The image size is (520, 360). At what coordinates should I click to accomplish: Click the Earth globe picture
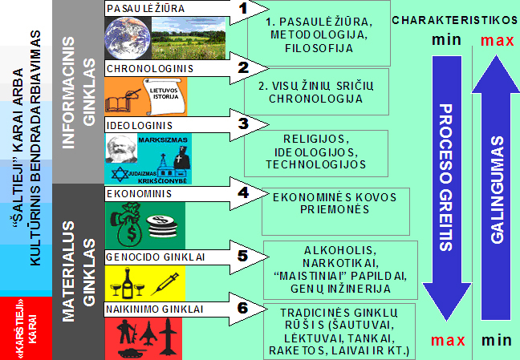click(128, 38)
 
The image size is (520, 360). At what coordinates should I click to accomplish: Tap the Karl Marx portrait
click(121, 148)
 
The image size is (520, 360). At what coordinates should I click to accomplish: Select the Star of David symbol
click(120, 175)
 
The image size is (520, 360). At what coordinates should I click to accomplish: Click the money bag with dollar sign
click(128, 224)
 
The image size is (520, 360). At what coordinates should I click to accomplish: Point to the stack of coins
click(161, 226)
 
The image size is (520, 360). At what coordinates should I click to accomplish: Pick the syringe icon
click(165, 284)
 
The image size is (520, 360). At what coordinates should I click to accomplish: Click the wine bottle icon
click(128, 283)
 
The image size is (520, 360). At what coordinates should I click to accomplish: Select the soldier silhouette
click(126, 331)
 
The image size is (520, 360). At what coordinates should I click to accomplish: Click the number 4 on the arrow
click(243, 192)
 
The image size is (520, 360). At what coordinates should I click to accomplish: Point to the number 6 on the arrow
click(243, 308)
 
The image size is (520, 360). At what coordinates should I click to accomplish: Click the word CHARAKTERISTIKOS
click(455, 20)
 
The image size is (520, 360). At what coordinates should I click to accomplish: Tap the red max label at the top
click(497, 40)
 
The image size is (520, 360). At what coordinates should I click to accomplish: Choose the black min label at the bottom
click(497, 341)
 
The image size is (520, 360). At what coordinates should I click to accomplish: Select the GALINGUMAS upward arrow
click(496, 188)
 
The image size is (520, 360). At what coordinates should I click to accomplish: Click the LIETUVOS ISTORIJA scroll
click(163, 95)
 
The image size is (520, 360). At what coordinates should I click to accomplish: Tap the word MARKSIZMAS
click(163, 140)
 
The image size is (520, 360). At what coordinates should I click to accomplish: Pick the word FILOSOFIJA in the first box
click(319, 48)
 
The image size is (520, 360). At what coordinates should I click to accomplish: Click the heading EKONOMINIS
click(140, 193)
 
